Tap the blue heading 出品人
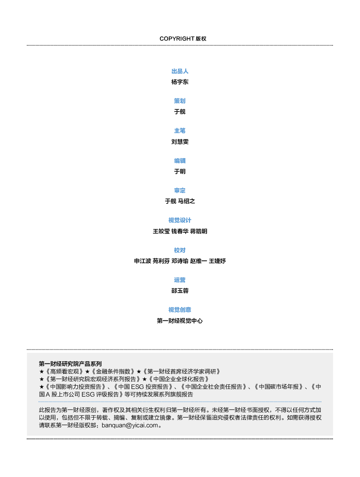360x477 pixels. point(180,71)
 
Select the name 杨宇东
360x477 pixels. point(180,82)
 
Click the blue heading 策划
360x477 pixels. point(180,101)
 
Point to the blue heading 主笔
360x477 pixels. point(180,131)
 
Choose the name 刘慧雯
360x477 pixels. point(180,142)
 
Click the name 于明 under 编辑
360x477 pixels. point(180,171)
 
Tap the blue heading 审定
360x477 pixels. point(180,190)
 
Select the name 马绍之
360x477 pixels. point(186,201)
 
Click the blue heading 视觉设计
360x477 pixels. point(180,220)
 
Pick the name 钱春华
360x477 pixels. point(180,231)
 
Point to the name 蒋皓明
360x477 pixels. point(198,231)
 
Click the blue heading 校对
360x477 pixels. point(180,250)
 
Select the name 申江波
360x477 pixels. point(142,261)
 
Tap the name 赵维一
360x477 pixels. point(198,261)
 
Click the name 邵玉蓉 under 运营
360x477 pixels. point(180,291)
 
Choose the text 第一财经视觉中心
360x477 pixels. point(180,321)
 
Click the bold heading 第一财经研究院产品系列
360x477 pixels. point(70,364)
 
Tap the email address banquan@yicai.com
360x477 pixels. point(130,425)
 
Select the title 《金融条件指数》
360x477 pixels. point(113,371)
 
